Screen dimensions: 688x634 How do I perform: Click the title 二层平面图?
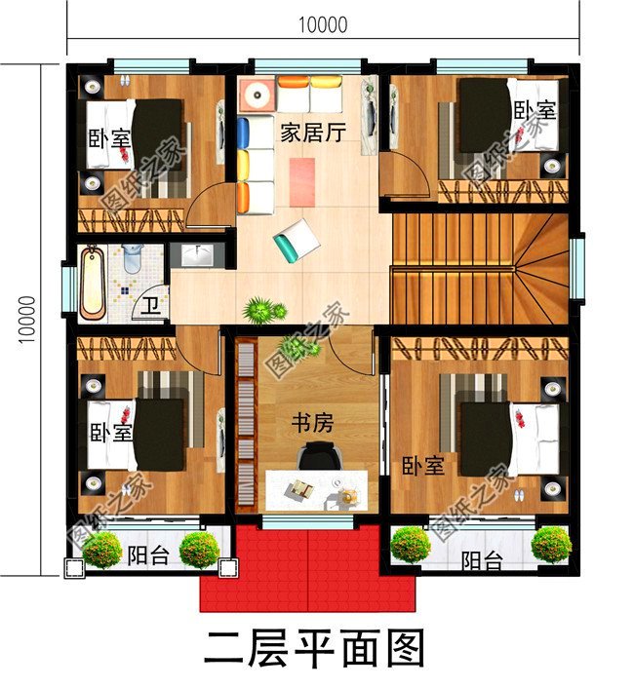click(315, 647)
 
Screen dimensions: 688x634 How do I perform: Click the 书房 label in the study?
click(313, 423)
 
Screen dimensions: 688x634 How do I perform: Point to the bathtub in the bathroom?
click(93, 283)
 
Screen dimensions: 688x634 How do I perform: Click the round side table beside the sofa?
click(258, 96)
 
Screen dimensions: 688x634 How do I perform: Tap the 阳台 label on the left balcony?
click(146, 556)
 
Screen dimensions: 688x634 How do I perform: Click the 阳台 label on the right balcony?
click(481, 561)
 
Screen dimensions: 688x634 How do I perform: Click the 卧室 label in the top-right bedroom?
click(535, 110)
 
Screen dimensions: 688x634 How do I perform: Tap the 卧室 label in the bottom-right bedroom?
click(422, 465)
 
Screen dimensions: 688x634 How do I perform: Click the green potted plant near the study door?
click(259, 311)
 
